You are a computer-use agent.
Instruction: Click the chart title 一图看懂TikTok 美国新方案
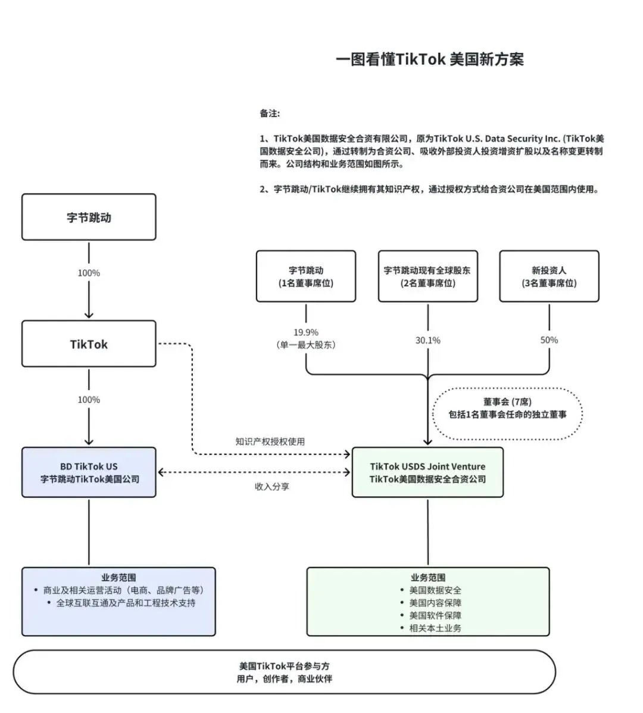tap(430, 60)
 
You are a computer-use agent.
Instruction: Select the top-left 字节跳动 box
tap(89, 217)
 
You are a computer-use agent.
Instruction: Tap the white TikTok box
tap(89, 344)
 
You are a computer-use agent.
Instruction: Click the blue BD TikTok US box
tap(89, 472)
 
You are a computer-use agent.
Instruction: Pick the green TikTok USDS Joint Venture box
tap(427, 472)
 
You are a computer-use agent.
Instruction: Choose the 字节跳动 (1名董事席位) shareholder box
tap(306, 276)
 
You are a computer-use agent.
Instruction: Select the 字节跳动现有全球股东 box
tap(427, 276)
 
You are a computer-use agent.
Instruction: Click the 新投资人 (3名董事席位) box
tap(549, 276)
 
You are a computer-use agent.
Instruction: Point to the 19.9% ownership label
tap(306, 332)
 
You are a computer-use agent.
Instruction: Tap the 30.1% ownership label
tap(427, 340)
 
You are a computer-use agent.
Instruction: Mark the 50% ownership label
tap(549, 340)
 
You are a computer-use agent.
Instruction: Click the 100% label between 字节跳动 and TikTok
tap(89, 273)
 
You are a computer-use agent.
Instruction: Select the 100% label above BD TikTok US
tap(89, 400)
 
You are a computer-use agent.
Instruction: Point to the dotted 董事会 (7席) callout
tap(507, 408)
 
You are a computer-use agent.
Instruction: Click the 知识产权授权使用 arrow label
tap(270, 441)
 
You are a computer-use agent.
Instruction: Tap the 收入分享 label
tap(272, 487)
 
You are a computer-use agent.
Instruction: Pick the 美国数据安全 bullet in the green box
tap(435, 590)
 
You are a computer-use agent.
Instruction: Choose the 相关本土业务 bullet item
tap(435, 628)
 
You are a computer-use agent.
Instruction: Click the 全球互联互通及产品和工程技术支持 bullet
tap(126, 603)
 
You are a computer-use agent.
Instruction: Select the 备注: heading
tap(270, 113)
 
